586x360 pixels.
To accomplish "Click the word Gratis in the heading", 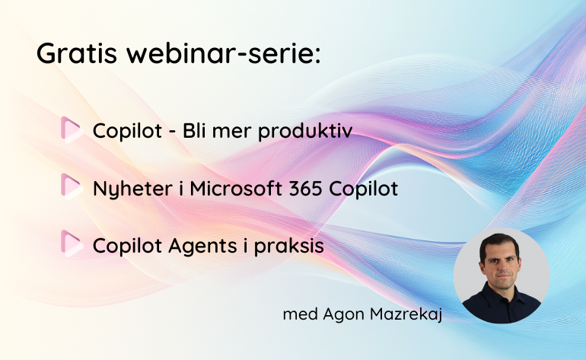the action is tap(77, 53).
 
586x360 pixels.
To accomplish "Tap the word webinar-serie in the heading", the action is tap(224, 53).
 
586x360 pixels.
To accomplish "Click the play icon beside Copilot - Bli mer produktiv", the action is tap(72, 130).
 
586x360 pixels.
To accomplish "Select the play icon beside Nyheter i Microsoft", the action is tap(72, 187).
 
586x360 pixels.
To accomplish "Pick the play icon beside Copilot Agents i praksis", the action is tap(72, 244).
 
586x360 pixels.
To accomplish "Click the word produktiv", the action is tap(305, 132).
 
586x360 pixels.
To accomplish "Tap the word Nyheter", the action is tap(132, 189).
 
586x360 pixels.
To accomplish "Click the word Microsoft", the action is tap(236, 188).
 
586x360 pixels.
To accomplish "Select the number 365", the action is tap(305, 188).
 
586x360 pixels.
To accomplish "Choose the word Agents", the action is tap(203, 247).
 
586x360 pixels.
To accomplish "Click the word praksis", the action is tap(289, 247).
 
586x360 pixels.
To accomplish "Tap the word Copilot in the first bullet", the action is tap(127, 132).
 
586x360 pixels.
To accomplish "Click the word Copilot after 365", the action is tap(363, 189).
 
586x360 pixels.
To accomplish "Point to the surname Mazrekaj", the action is tap(406, 314).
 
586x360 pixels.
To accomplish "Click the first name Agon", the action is tap(343, 315).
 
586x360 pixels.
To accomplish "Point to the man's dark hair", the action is tap(499, 242).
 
